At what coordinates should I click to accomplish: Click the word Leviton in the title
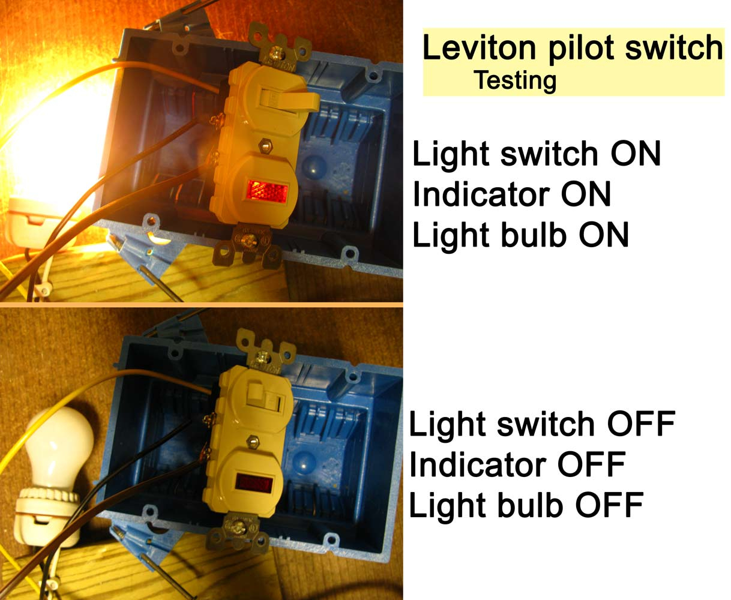coord(480,47)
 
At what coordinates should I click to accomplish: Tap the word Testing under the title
coord(515,81)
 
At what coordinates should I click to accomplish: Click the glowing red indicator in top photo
coord(267,191)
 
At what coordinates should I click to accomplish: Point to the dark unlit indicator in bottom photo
coord(254,483)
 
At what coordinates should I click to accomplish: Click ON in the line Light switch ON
coord(636,154)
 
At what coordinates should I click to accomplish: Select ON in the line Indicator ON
coord(586,194)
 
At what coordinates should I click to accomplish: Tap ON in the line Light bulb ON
coord(604,235)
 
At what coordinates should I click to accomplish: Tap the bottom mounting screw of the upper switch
coord(248,239)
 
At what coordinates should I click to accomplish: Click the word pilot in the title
coord(582,49)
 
